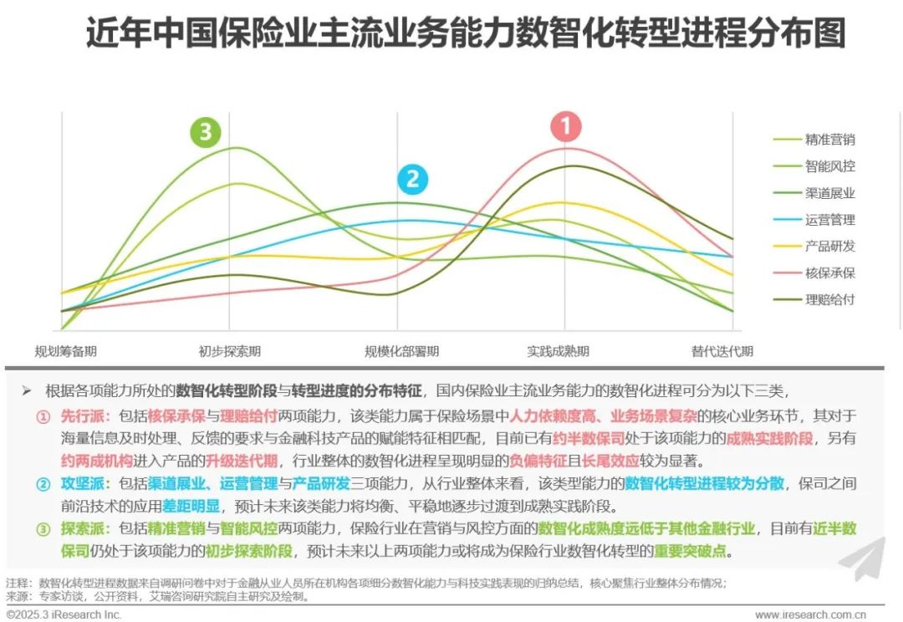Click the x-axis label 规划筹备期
point(65,351)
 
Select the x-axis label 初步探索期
point(229,351)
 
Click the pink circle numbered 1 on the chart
point(566,128)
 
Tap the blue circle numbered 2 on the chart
point(412,180)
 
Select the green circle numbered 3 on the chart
point(206,131)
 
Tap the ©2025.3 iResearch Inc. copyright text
point(64,614)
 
